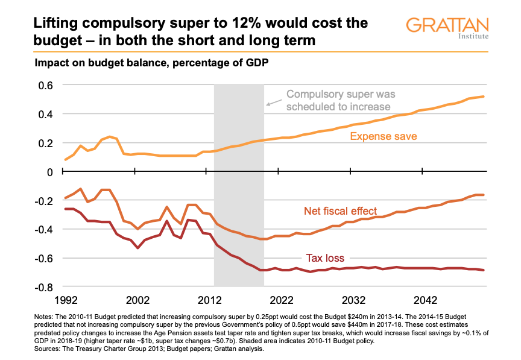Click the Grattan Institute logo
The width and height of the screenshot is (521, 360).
point(447,28)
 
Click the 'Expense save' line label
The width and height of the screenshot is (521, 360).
point(384,137)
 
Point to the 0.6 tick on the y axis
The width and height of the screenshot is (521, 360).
point(46,85)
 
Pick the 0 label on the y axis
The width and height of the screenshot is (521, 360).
point(51,172)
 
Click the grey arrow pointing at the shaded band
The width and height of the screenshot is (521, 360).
point(273,103)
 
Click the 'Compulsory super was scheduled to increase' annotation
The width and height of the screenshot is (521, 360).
point(338,101)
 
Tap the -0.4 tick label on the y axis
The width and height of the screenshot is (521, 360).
point(44,230)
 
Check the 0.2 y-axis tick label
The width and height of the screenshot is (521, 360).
point(46,143)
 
